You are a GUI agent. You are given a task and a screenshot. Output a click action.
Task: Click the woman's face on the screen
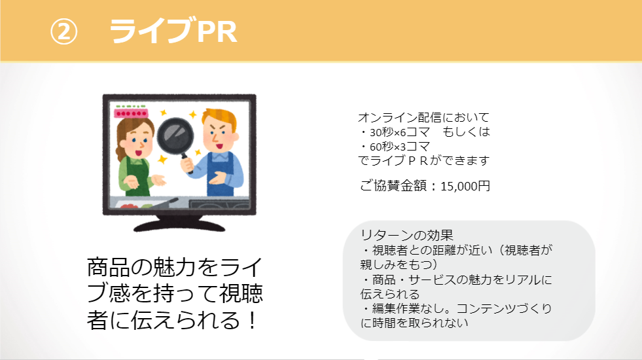tap(135, 139)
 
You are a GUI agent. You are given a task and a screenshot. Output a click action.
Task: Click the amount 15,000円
tap(465, 186)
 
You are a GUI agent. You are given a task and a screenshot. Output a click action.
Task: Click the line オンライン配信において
tap(423, 118)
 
